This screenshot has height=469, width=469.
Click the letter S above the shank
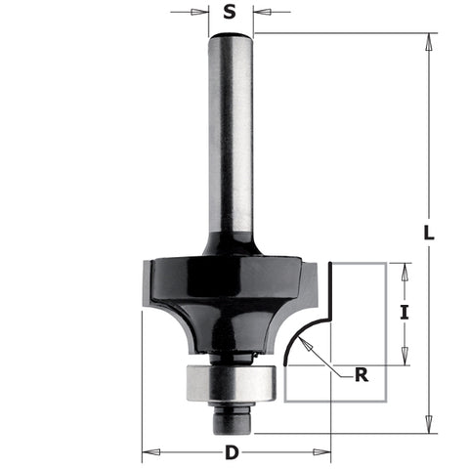pos(230,13)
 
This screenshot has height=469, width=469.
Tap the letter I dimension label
pos(404,314)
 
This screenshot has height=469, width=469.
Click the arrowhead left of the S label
pos(203,13)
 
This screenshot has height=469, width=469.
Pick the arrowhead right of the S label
pos(259,13)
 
